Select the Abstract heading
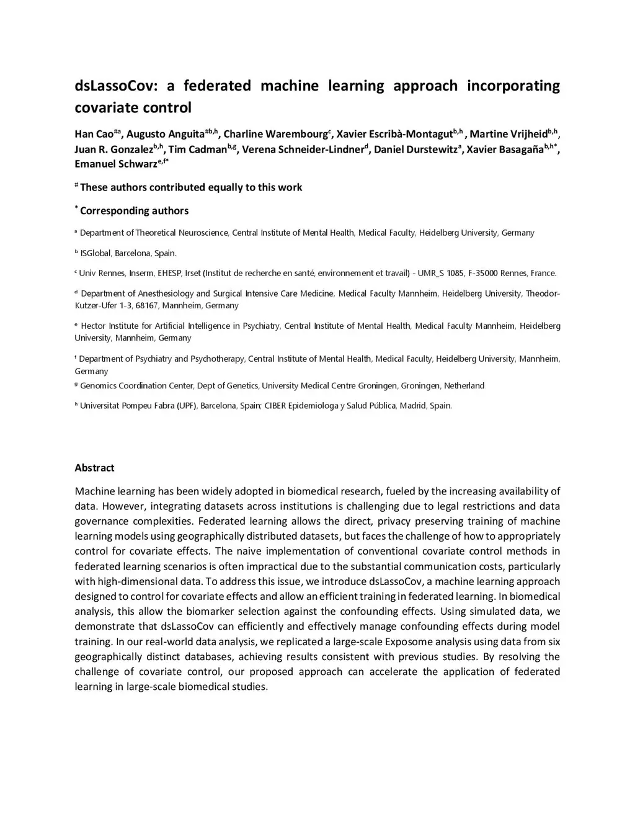pyautogui.click(x=94, y=468)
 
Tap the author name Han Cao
pyautogui.click(x=94, y=135)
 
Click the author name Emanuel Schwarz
pyautogui.click(x=115, y=164)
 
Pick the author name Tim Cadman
pyautogui.click(x=198, y=150)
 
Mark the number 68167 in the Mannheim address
pyautogui.click(x=148, y=306)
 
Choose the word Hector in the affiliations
pyautogui.click(x=93, y=326)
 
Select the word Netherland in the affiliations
pyautogui.click(x=464, y=386)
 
